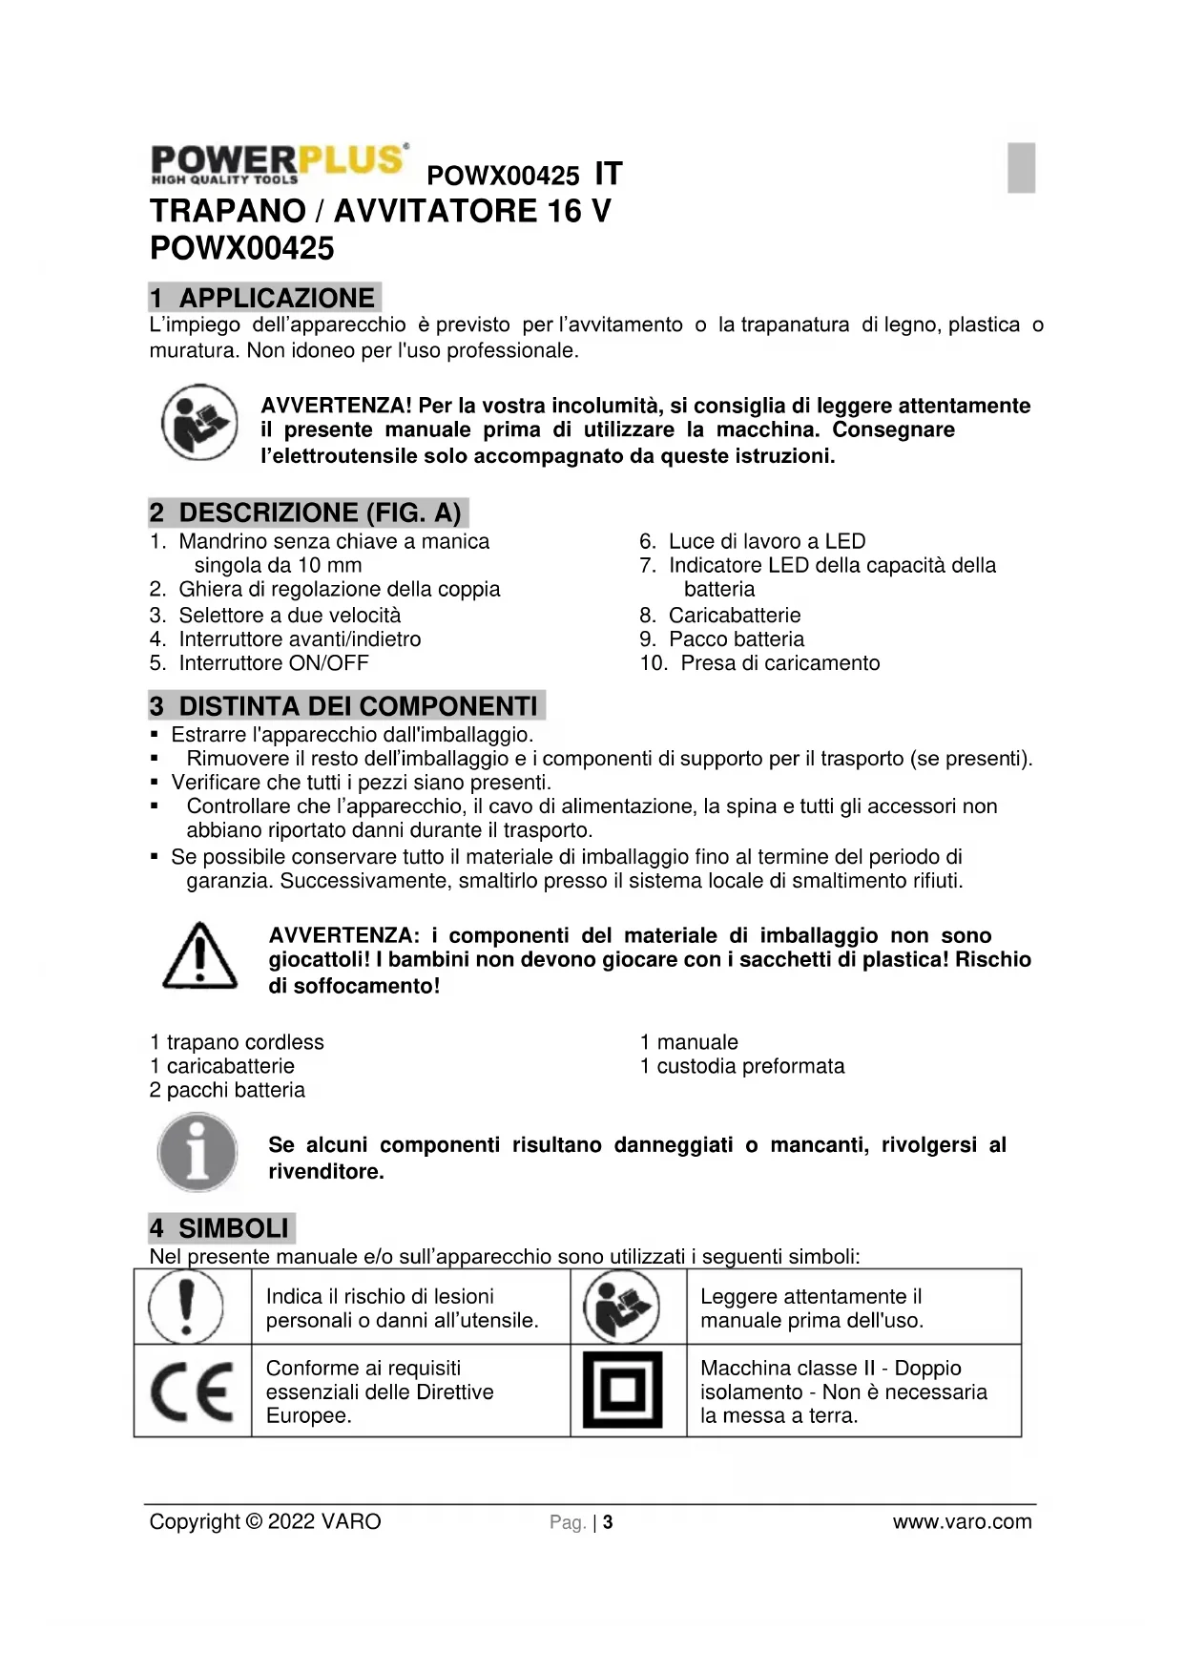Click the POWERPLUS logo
coord(280,163)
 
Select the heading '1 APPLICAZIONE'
coord(264,298)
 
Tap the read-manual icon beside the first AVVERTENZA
coord(198,422)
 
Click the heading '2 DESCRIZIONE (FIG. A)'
coord(308,513)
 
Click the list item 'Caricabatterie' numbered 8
coord(734,615)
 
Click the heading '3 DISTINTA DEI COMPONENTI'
coord(346,706)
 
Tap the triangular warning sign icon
coord(199,956)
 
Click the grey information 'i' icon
coord(197,1153)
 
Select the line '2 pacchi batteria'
coord(227,1090)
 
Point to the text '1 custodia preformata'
coord(742,1066)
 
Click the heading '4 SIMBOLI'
coord(221,1227)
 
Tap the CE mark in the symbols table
coord(192,1392)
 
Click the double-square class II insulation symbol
coord(622,1391)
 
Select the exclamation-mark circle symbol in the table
coord(187,1307)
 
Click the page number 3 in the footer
coord(608,1522)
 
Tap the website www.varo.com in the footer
coord(962,1521)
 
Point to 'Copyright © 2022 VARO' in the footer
coord(265,1521)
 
